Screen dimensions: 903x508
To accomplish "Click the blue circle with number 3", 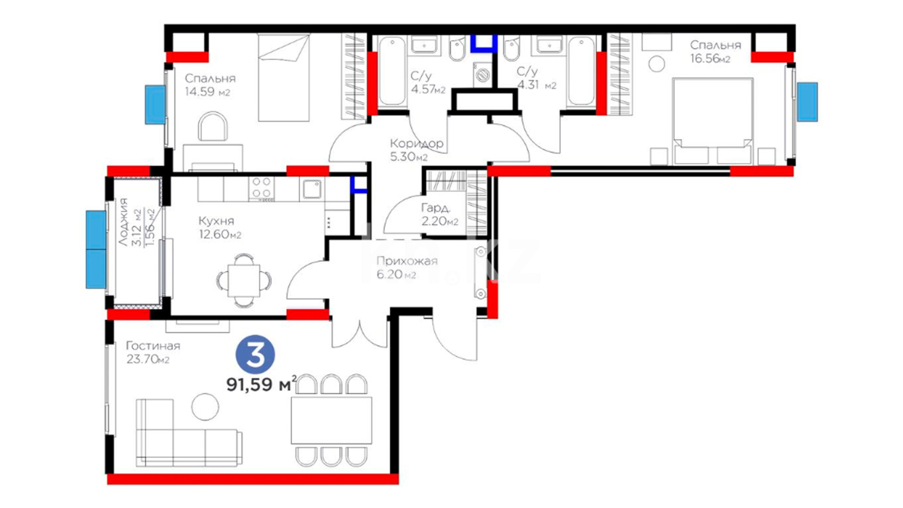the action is click(255, 355).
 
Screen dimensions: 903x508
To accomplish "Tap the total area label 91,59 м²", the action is click(261, 384).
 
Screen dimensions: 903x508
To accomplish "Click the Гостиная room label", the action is click(153, 346).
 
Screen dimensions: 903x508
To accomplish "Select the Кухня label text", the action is click(216, 221).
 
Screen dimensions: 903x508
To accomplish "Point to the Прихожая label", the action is click(407, 261).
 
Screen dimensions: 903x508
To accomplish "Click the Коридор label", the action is click(417, 143).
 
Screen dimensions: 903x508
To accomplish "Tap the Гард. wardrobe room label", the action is click(436, 207).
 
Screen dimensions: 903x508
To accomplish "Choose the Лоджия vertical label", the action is click(123, 222).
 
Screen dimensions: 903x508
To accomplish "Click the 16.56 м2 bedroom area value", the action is click(710, 58).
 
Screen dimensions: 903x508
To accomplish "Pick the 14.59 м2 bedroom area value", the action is click(207, 92).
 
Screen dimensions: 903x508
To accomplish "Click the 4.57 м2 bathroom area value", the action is click(428, 89).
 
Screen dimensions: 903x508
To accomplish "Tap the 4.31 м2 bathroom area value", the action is click(537, 85).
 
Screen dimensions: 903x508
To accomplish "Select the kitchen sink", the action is click(311, 189).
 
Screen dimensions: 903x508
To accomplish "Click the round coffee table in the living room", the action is click(205, 406).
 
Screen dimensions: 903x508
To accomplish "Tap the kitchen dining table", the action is click(244, 280).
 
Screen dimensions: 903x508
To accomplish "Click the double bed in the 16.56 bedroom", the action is click(713, 121).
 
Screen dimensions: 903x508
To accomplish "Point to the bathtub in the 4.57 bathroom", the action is click(392, 71).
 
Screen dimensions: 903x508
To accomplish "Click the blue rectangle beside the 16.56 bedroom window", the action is click(807, 102).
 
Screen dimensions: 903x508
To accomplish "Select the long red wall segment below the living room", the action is click(253, 479).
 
